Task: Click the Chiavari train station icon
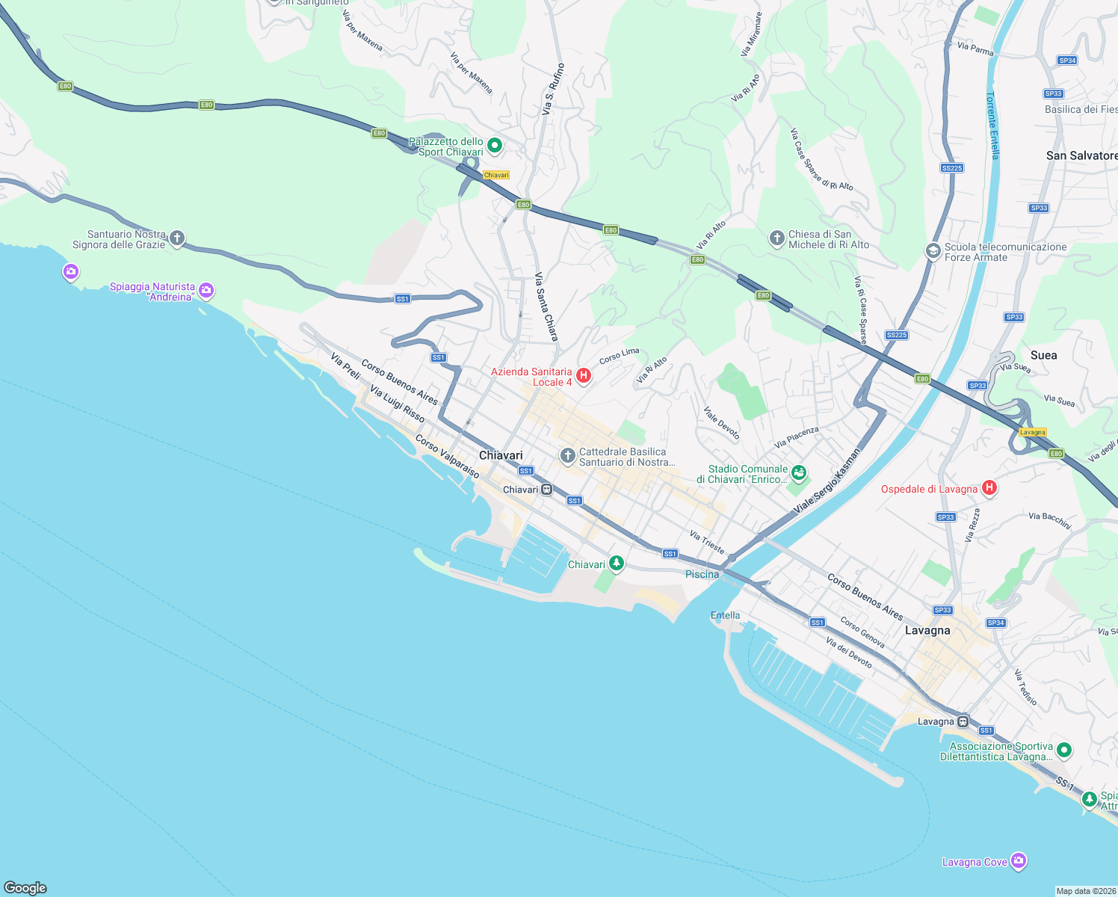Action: tap(547, 490)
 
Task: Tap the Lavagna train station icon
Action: tap(963, 721)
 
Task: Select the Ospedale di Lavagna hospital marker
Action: tap(989, 488)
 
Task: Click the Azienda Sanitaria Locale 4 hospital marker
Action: tap(584, 375)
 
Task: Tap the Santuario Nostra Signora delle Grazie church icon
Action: tap(177, 238)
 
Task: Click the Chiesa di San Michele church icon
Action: tap(777, 238)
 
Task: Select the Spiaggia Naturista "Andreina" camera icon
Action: tap(206, 291)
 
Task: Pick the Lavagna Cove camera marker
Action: tap(1019, 861)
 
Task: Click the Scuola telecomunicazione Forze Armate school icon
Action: tap(933, 251)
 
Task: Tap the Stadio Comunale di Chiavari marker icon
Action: tap(799, 472)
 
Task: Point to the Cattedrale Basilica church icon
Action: tap(568, 455)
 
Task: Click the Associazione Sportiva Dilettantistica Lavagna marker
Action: tap(1064, 750)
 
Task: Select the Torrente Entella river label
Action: tap(992, 126)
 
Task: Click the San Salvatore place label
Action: tap(1081, 155)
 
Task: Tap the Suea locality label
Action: tap(1043, 355)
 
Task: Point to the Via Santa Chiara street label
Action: tap(546, 307)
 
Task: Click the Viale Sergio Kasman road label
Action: tap(827, 480)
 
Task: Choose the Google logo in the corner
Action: tap(25, 887)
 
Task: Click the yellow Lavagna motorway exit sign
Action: tap(1033, 432)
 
